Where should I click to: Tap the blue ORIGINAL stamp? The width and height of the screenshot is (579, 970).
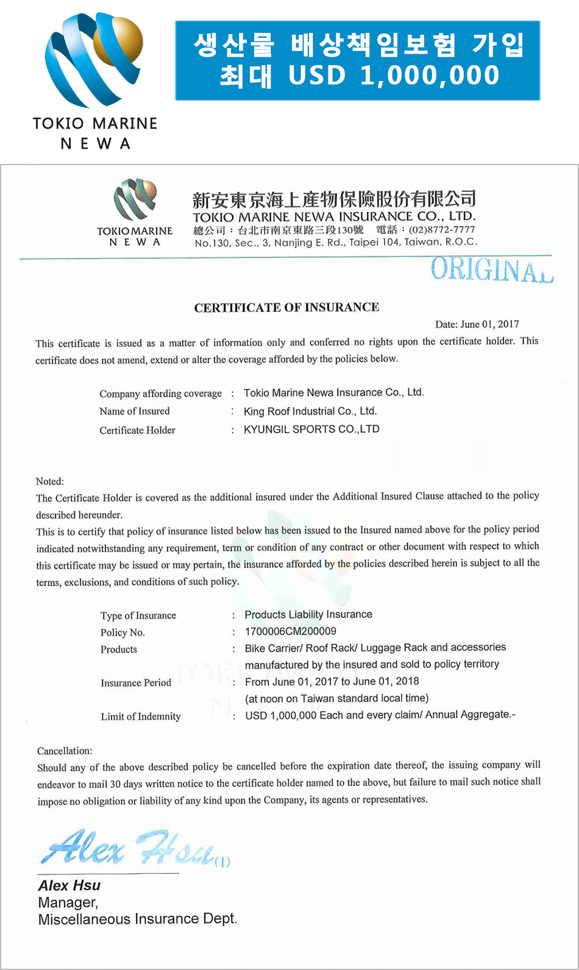(x=491, y=270)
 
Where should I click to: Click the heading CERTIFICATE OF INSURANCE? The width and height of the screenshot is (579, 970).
(x=286, y=308)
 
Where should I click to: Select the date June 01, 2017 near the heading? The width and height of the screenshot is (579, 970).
(x=477, y=324)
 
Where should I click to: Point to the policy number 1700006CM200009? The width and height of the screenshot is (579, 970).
(x=290, y=631)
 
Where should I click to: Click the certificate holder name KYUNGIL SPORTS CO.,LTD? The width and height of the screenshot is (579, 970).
(x=311, y=429)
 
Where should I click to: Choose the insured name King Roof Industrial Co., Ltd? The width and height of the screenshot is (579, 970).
(x=310, y=411)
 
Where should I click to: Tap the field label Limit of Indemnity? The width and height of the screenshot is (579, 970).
(x=141, y=717)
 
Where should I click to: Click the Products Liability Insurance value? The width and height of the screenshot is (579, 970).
(x=308, y=614)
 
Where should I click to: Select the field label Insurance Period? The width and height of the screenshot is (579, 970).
(x=136, y=683)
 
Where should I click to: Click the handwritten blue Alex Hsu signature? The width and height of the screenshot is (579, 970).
(x=131, y=848)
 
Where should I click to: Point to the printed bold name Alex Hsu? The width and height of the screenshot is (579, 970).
(x=69, y=885)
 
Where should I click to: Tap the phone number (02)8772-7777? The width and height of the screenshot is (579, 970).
(x=441, y=230)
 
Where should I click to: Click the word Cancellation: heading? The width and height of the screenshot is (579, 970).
(x=65, y=751)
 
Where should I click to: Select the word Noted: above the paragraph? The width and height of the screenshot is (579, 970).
(x=50, y=481)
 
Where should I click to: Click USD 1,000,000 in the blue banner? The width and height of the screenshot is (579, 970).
(x=394, y=76)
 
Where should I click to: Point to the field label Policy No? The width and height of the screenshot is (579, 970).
(x=123, y=632)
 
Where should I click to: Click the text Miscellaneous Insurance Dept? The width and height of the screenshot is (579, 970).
(x=138, y=919)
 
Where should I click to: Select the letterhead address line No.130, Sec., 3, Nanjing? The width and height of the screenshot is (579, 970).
(x=335, y=242)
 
